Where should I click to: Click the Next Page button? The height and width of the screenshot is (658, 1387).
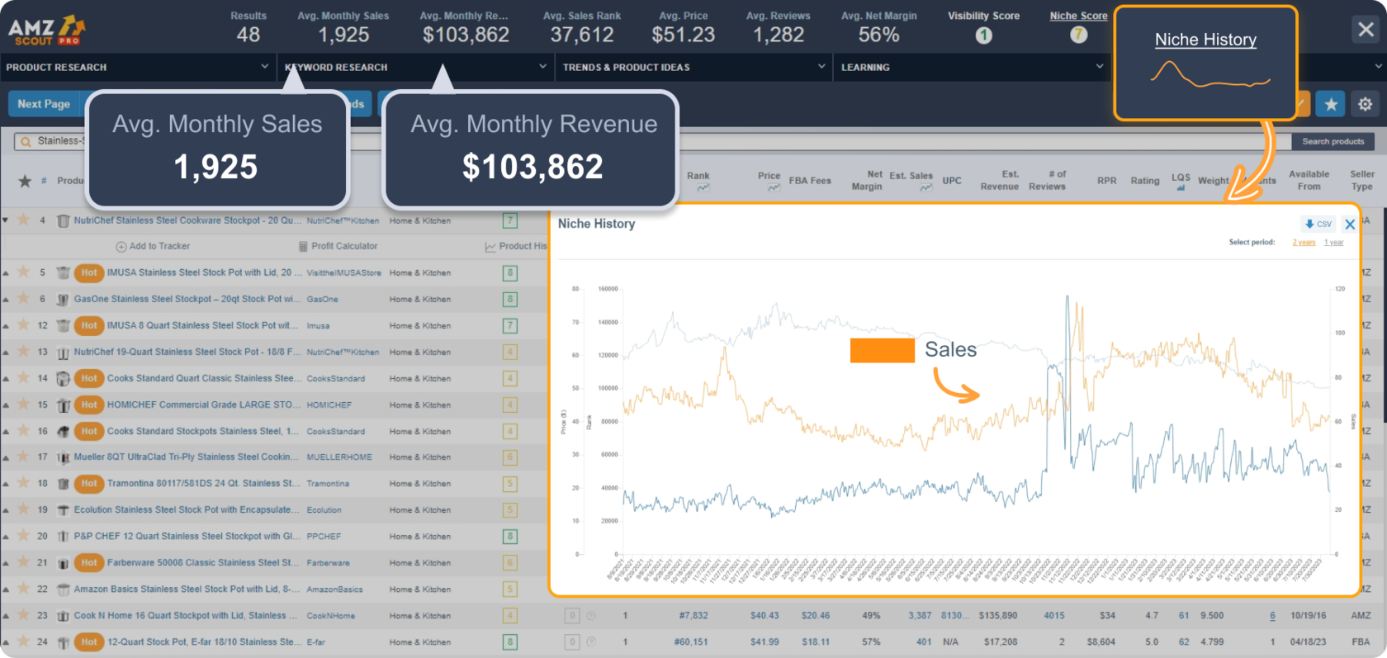point(44,104)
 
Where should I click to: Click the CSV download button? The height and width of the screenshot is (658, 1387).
point(1318,224)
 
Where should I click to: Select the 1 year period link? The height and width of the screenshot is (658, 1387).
point(1333,242)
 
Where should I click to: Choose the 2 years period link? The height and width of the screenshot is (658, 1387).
point(1304,242)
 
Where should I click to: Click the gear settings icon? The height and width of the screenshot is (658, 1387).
point(1365,104)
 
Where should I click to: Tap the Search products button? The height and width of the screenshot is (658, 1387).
point(1333,141)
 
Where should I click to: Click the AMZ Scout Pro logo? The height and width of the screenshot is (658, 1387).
point(46,31)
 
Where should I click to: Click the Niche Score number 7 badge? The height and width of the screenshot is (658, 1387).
point(1078,35)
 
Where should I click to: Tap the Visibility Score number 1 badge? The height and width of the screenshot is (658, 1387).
point(983,36)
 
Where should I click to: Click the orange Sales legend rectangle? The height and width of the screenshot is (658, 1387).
point(882,350)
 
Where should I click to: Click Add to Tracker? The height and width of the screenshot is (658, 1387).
point(154,246)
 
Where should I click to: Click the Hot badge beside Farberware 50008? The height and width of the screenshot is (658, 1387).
point(89,562)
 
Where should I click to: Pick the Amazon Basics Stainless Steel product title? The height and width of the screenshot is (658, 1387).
point(187,589)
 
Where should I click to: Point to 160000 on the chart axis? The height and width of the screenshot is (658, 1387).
point(608,289)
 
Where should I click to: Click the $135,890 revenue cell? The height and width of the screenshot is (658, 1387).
point(998,615)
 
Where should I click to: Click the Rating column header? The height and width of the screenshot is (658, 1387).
point(1144,180)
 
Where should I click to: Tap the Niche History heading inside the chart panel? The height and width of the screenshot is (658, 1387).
point(596,224)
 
